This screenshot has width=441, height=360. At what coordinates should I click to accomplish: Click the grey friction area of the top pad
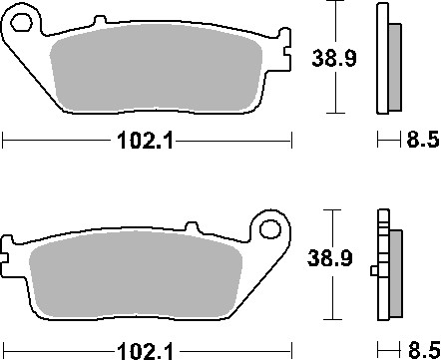(160, 75)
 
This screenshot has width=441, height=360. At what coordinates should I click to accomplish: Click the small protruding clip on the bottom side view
(373, 268)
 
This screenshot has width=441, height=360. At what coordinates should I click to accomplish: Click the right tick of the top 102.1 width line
(291, 143)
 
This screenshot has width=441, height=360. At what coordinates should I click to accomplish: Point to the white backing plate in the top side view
(380, 60)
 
